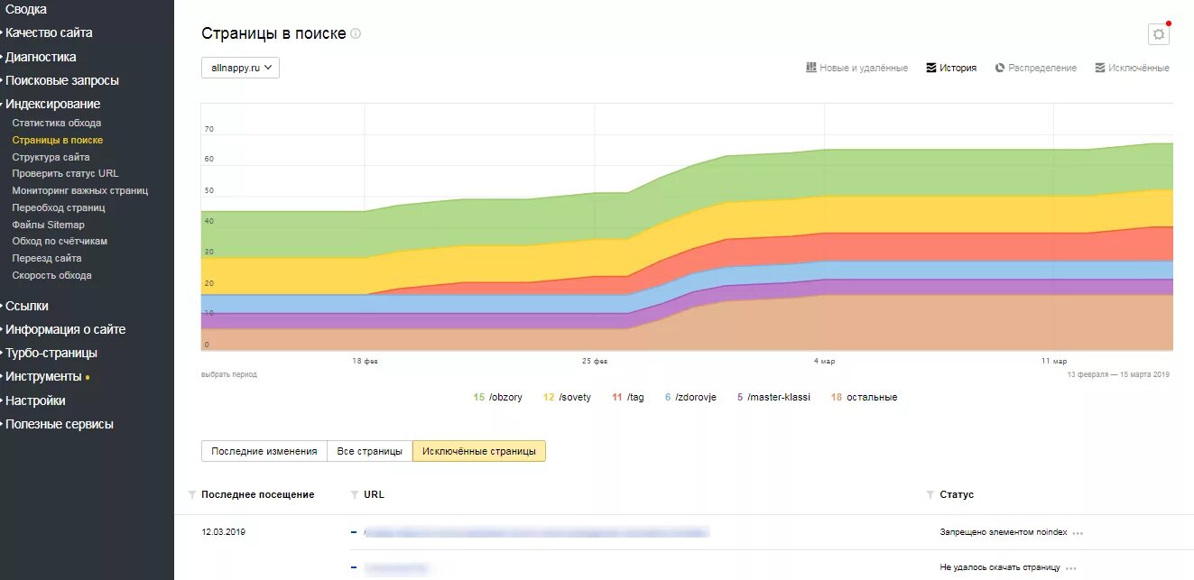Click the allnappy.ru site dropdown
pos(240,68)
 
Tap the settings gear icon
pos(1158,34)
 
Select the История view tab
pos(951,68)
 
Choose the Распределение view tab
pos(1036,68)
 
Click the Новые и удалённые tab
pos(856,68)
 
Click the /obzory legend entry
pos(498,397)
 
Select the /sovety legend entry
pos(568,397)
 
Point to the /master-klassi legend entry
pos(773,397)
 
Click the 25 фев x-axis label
pos(595,361)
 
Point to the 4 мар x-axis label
pos(824,361)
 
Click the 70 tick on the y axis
pos(209,129)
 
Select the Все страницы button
pos(370,451)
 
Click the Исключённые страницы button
pos(479,451)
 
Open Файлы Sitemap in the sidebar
pos(48,225)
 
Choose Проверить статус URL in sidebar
pos(65,173)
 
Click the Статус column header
pos(957,494)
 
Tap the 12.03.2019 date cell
pos(224,532)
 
